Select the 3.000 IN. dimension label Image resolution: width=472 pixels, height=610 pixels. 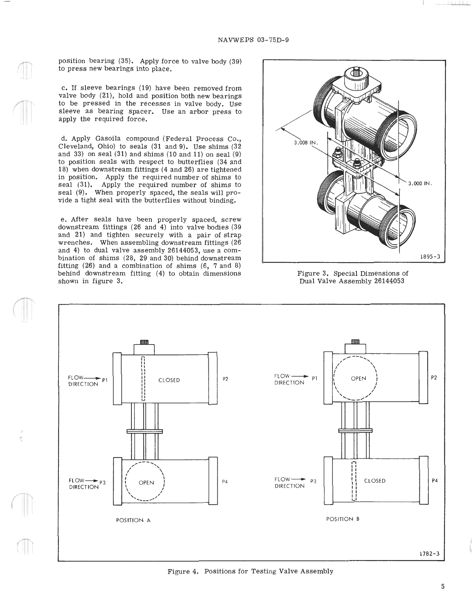[420, 183]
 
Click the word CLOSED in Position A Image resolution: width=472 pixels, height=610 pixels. [169, 380]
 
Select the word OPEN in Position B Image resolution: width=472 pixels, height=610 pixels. [358, 379]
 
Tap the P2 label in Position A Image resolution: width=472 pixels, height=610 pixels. [225, 379]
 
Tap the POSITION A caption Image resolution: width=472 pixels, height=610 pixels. [133, 520]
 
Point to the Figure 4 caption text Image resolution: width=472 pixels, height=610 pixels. [250, 571]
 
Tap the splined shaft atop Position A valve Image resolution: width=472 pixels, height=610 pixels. [144, 342]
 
